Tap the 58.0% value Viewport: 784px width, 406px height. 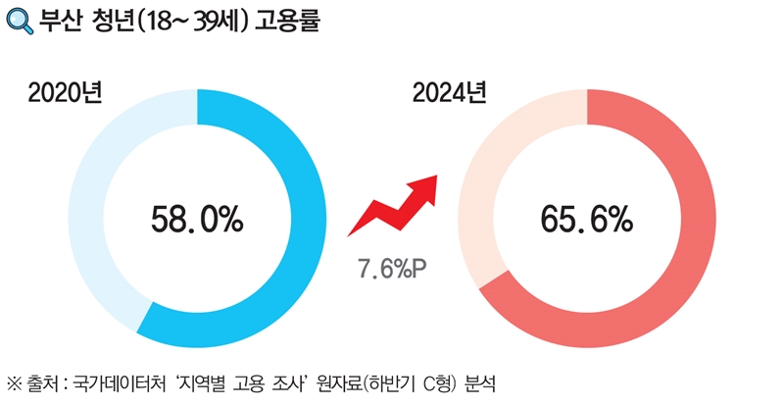[x=197, y=219]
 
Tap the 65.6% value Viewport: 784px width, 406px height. [x=586, y=219]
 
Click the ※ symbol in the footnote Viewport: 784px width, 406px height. [x=15, y=381]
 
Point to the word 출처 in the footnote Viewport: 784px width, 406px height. [x=41, y=381]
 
